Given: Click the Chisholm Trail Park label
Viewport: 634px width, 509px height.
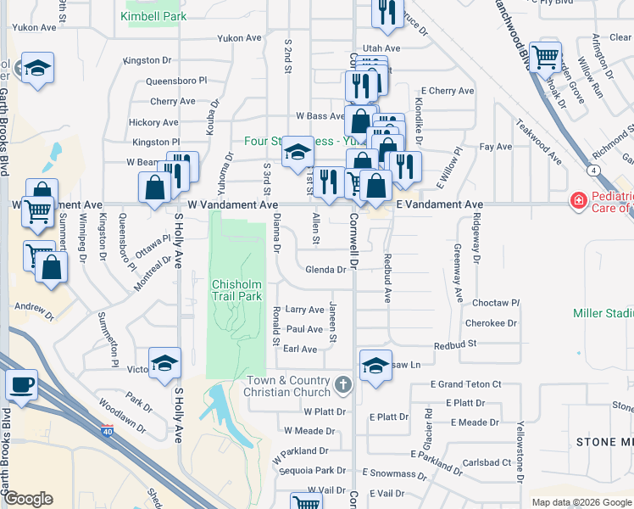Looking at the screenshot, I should click(239, 290).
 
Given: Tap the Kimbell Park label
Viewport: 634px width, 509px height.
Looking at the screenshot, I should click(153, 16).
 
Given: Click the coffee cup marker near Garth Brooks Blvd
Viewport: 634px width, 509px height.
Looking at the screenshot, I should click(21, 384).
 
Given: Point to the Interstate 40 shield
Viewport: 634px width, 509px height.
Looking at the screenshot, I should click(107, 430).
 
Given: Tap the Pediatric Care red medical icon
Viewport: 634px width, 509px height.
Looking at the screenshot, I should click(578, 201).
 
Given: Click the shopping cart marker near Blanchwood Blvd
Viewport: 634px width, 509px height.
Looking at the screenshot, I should click(546, 58).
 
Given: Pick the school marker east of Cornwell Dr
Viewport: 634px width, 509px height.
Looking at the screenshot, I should click(375, 365).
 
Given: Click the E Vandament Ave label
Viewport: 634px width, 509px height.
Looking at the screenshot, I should click(439, 204).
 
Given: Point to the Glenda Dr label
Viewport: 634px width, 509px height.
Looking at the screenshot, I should click(325, 270).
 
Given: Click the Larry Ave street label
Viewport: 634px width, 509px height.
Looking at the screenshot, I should click(304, 310).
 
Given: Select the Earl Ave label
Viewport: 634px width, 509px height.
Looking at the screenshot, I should click(299, 349).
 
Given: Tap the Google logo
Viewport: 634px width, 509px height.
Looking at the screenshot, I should click(28, 499).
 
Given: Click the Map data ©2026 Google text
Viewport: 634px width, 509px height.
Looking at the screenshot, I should click(581, 502).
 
